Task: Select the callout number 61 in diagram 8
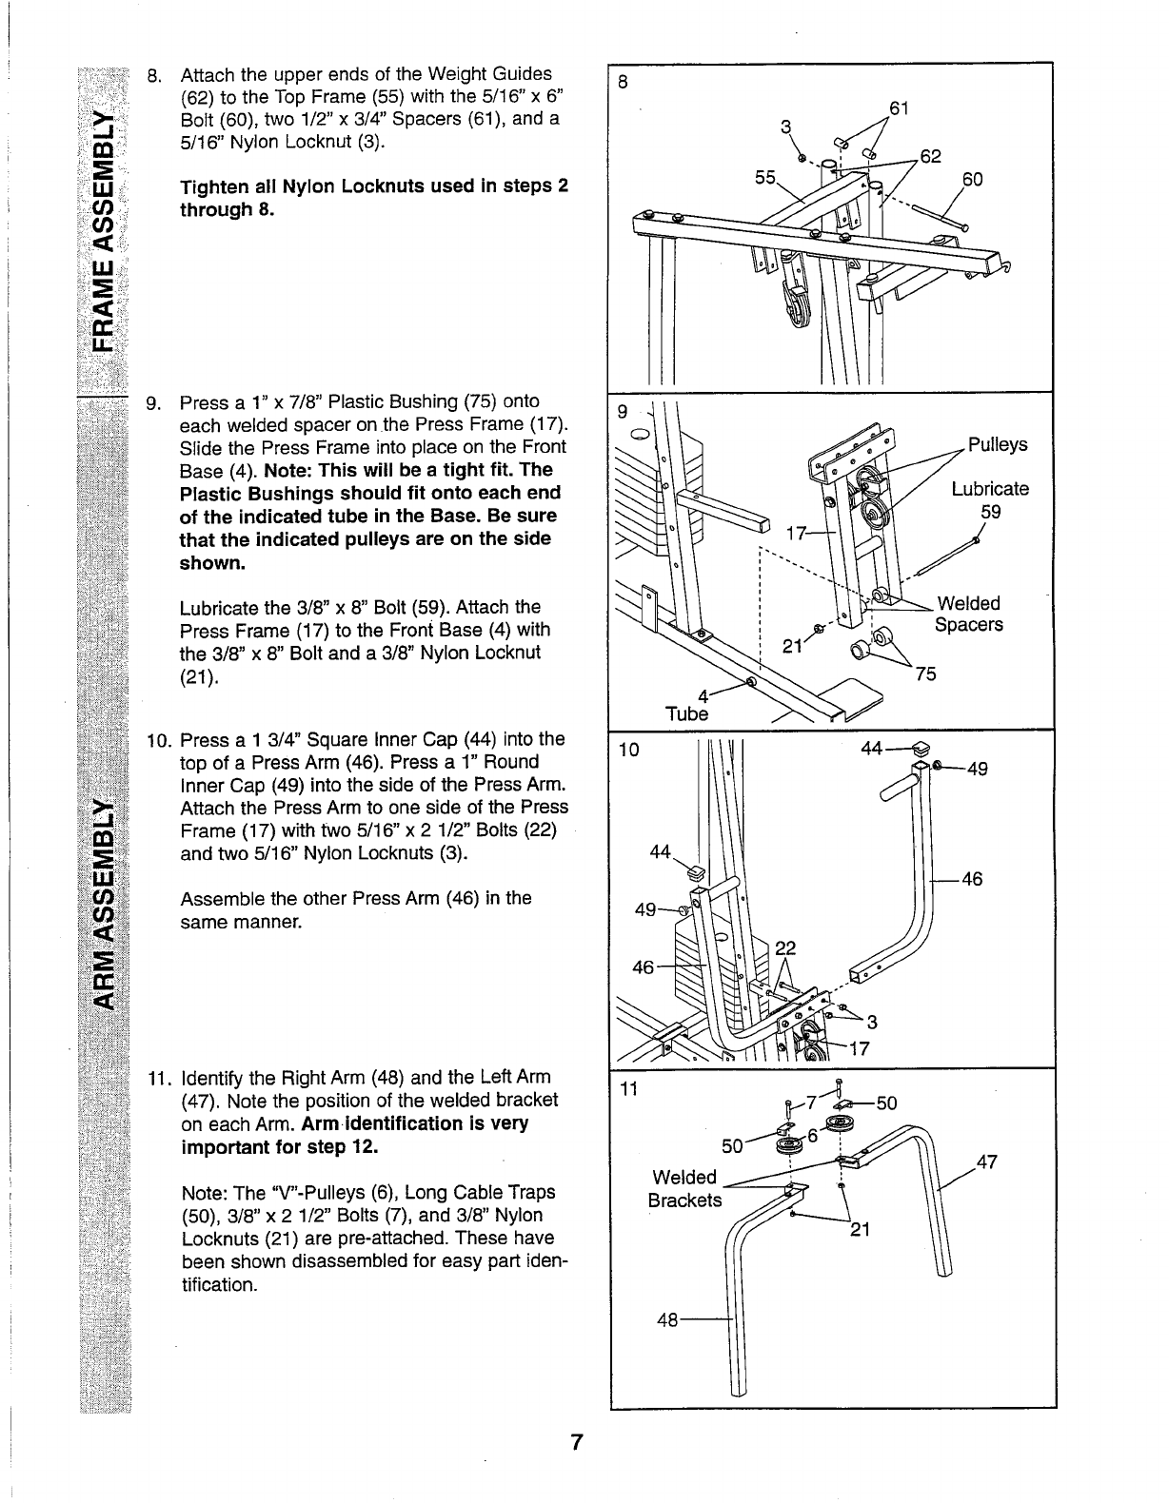[x=898, y=107]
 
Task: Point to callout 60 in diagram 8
[x=972, y=180]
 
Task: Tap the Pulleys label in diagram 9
[x=997, y=445]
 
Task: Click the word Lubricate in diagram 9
[x=990, y=489]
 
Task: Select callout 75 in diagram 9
[x=924, y=674]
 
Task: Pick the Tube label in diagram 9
[x=687, y=713]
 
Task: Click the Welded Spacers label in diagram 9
[x=968, y=615]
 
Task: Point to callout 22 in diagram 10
[x=785, y=947]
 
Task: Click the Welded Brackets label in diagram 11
[x=684, y=1189]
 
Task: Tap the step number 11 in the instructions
[x=156, y=1078]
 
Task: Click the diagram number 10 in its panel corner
[x=629, y=751]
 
